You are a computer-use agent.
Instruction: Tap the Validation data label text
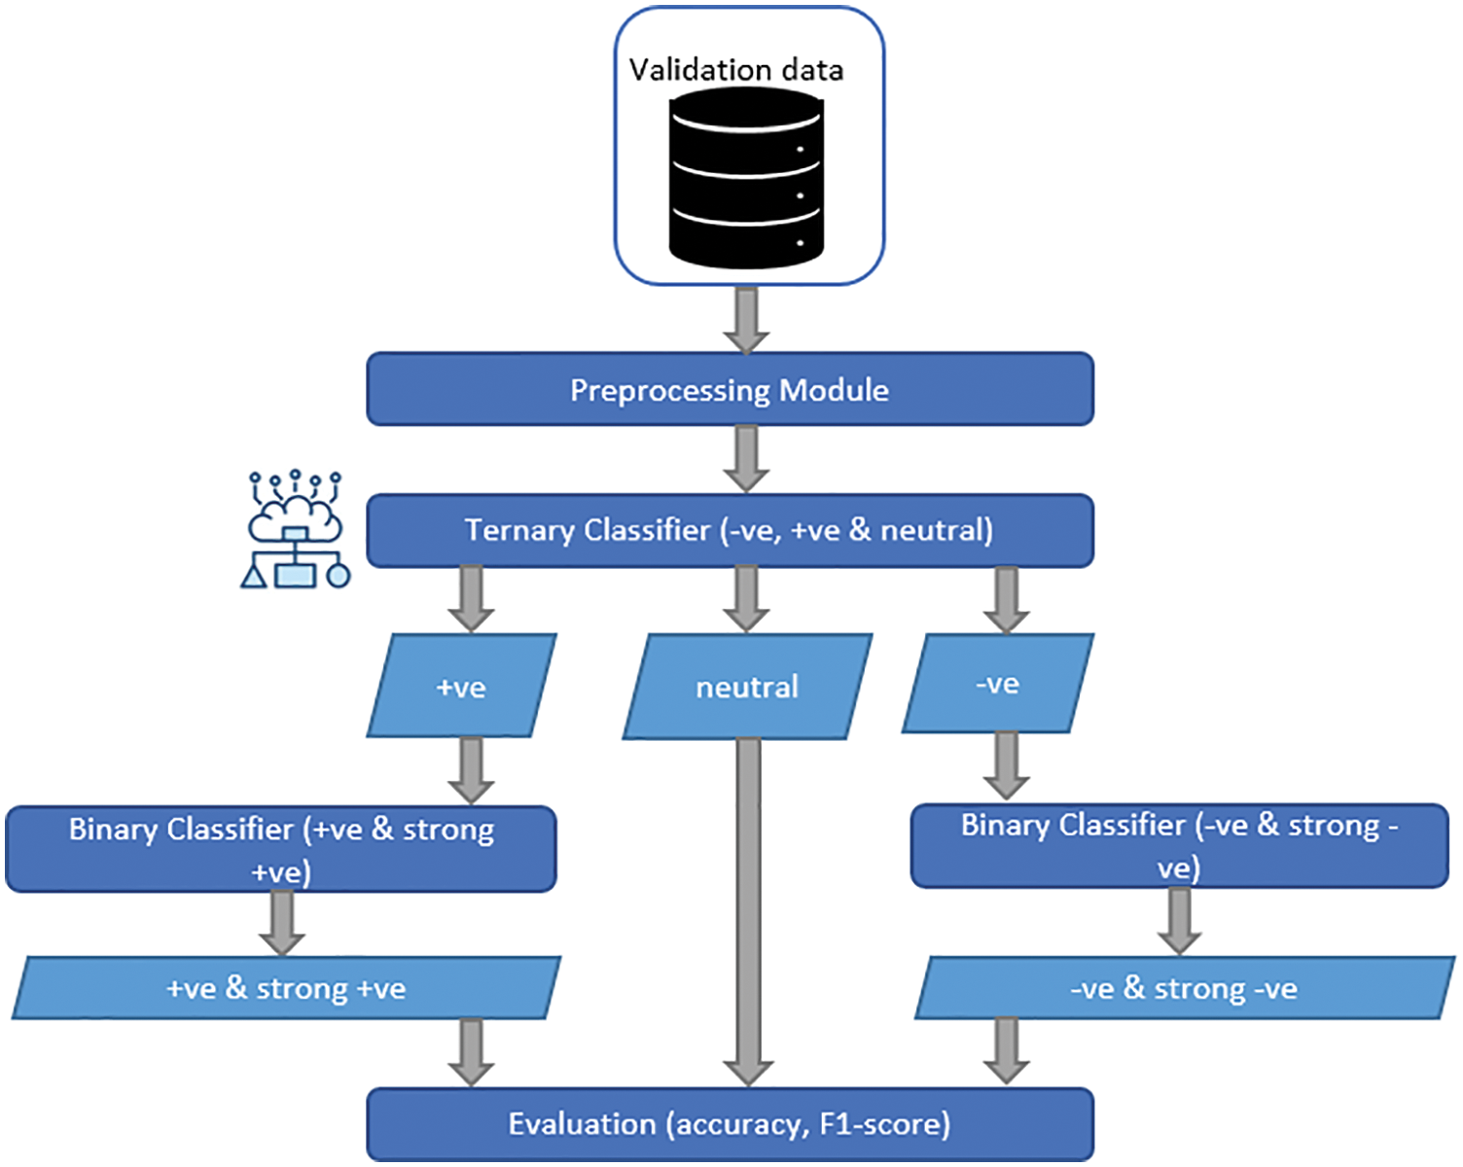click(x=735, y=70)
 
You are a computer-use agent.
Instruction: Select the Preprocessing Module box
click(x=730, y=389)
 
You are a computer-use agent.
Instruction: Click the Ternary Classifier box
click(x=730, y=530)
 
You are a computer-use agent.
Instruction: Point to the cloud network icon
click(x=295, y=530)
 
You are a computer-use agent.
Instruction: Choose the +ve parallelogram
click(x=461, y=686)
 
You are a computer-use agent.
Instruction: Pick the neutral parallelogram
click(x=747, y=687)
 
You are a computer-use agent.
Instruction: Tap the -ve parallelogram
click(x=998, y=684)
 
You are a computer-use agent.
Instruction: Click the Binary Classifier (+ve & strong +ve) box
click(x=281, y=848)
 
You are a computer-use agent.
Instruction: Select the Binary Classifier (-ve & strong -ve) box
click(x=1179, y=845)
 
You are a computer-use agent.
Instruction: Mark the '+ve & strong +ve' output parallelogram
click(x=286, y=988)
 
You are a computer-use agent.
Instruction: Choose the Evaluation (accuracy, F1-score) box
click(x=730, y=1124)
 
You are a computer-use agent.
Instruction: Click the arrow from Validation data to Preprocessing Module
click(x=746, y=319)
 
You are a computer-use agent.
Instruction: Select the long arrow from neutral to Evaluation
click(x=748, y=909)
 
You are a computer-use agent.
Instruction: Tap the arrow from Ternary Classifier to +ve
click(x=472, y=599)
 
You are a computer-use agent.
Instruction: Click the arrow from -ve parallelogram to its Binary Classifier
click(x=1007, y=765)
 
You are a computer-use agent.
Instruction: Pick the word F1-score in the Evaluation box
click(x=884, y=1124)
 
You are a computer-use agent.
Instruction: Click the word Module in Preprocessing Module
click(x=834, y=390)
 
